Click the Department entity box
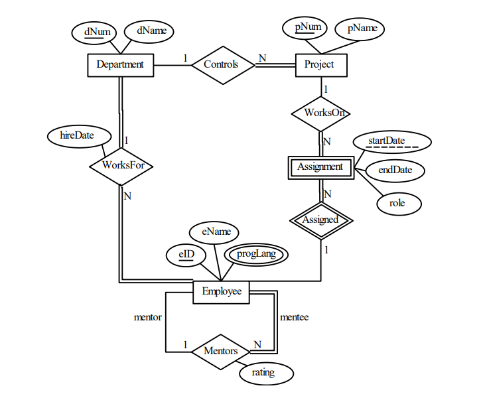pos(120,65)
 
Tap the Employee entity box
pos(222,291)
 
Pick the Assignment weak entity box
pos(320,167)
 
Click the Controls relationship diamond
pos(222,65)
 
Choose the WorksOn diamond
pos(321,113)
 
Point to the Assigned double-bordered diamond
pos(320,220)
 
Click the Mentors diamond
pos(221,351)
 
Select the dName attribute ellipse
pos(151,31)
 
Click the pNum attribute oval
pos(308,28)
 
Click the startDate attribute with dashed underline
pos(391,142)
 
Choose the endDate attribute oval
pos(395,170)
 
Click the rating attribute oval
pos(266,373)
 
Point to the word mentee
pos(294,317)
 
